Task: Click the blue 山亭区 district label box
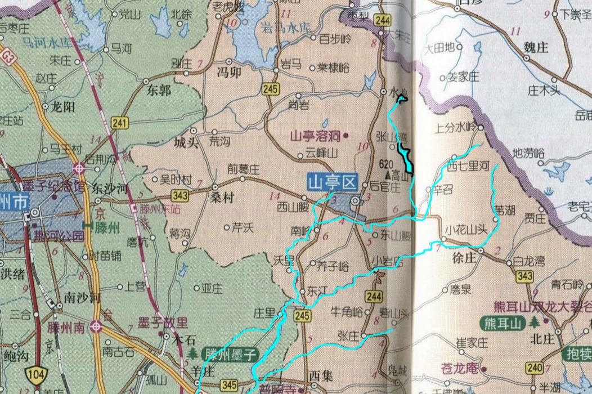[x=333, y=182]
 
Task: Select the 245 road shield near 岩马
[x=271, y=88]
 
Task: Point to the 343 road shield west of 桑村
[x=181, y=195]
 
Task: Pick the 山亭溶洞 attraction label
[x=315, y=136]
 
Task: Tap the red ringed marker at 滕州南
[x=97, y=326]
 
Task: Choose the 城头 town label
[x=186, y=143]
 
